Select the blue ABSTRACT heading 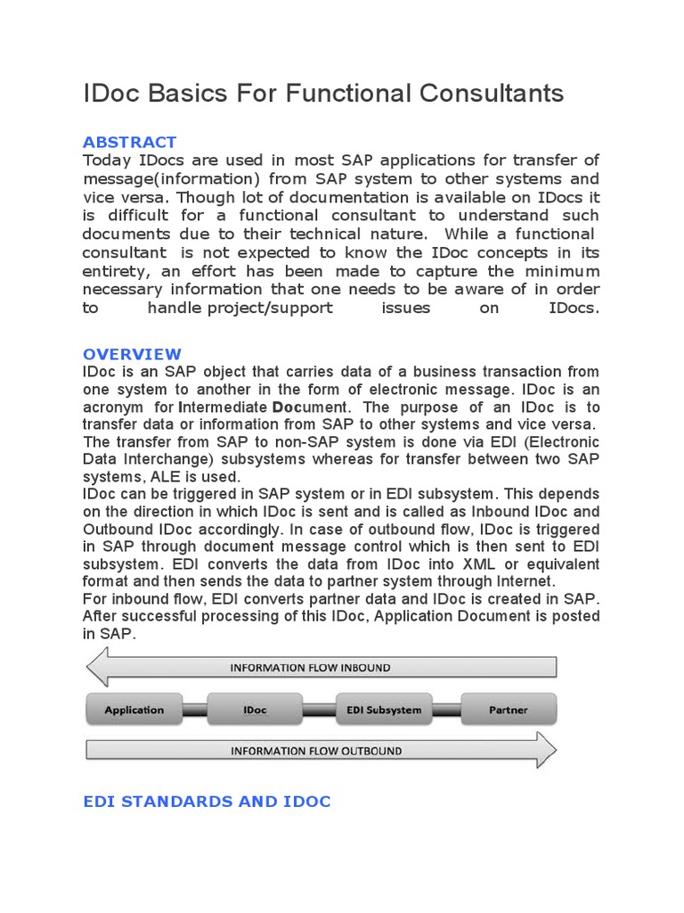coord(129,142)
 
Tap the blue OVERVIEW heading coord(132,354)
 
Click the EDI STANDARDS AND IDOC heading coord(207,802)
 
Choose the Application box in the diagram coord(134,710)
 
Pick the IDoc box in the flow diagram coord(254,710)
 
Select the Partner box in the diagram coord(508,710)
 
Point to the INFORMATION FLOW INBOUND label coord(310,667)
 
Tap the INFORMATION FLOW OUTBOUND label coord(315,751)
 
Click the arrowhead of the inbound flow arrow coord(96,667)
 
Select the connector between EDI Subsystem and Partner coord(445,710)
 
